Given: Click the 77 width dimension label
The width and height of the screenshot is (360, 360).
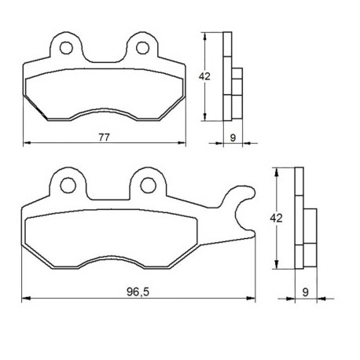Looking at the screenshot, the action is click(104, 138).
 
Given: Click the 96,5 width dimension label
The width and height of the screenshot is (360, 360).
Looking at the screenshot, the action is click(138, 292).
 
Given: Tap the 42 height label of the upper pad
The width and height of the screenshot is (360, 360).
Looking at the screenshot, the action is click(204, 76).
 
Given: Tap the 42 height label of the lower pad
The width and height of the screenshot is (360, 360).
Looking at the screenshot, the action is click(276, 218).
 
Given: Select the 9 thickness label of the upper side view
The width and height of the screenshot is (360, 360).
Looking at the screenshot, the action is click(233, 138).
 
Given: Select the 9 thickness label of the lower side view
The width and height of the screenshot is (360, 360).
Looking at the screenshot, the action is click(306, 292).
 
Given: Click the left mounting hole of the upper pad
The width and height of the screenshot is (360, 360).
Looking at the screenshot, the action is click(66, 48).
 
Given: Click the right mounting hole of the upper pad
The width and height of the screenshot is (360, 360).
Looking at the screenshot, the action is click(143, 48).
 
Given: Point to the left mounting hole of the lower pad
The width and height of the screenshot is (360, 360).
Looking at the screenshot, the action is click(68, 186).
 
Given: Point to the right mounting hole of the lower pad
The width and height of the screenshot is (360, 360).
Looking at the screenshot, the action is click(149, 186).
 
